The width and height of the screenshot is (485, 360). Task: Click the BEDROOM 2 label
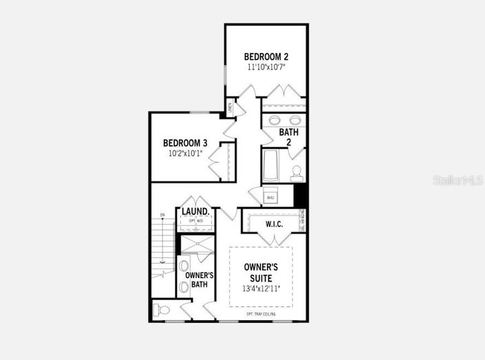(266, 56)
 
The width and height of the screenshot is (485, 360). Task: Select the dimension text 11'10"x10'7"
(266, 67)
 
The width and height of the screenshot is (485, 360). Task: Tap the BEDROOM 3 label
(185, 143)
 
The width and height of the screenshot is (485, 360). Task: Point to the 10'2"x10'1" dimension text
(185, 153)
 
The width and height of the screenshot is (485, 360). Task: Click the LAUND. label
(195, 211)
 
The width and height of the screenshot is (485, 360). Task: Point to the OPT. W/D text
(195, 221)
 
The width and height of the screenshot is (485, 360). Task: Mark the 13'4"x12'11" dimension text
(261, 288)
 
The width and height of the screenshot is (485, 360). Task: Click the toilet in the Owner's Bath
(163, 310)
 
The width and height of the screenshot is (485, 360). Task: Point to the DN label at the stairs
(163, 215)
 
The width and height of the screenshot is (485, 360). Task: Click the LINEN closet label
(230, 108)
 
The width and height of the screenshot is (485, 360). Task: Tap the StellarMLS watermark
(457, 180)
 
